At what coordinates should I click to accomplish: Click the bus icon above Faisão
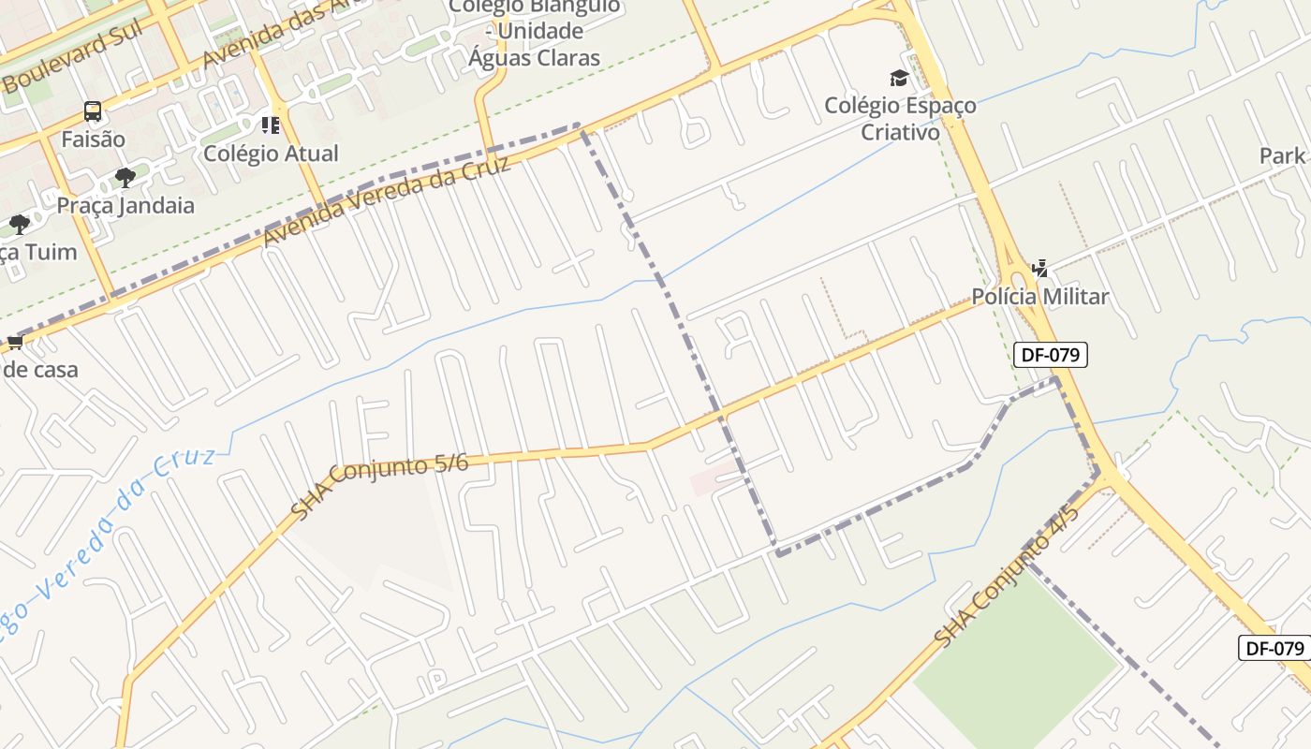click(92, 111)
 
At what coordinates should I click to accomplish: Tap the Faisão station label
click(93, 140)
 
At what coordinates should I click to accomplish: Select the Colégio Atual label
click(271, 153)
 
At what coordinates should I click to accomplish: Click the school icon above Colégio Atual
click(271, 125)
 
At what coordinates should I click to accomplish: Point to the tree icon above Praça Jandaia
click(125, 178)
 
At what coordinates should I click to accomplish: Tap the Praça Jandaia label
click(125, 205)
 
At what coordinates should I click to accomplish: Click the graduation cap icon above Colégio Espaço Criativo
click(899, 78)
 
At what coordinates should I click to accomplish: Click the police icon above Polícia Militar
click(1039, 270)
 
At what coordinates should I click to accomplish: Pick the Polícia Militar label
click(1039, 297)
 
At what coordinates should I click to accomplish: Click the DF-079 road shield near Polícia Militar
click(1050, 355)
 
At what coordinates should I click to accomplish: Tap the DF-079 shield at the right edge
click(1274, 648)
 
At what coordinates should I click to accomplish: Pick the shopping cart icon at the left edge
click(15, 343)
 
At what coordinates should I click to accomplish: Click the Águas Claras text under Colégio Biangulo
click(534, 57)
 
